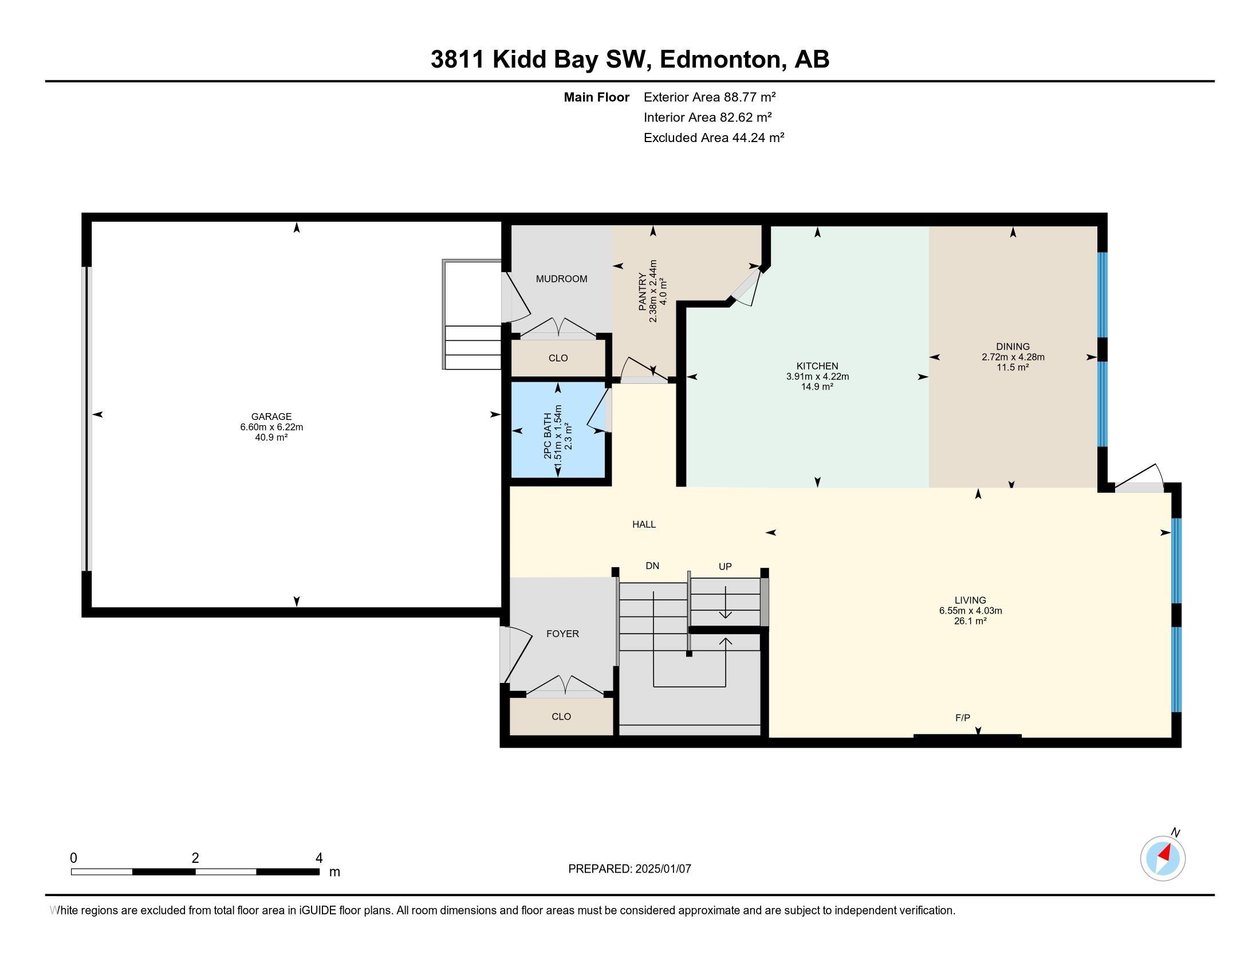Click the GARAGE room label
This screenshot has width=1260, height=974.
(271, 416)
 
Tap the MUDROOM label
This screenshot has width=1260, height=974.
(561, 278)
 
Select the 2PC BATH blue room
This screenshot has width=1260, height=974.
(557, 430)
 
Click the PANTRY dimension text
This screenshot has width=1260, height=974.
(653, 291)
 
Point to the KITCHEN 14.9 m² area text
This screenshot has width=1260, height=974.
(817, 387)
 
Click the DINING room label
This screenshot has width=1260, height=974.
(1013, 347)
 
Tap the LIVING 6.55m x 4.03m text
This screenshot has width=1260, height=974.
(970, 611)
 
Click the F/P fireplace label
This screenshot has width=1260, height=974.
(962, 717)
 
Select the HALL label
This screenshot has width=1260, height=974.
(644, 524)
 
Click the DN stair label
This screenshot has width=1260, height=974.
(652, 566)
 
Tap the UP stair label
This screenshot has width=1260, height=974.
(724, 567)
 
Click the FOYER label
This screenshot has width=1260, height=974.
(562, 634)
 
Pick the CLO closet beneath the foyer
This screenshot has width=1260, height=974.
(561, 716)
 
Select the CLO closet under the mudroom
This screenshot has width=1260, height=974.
(558, 358)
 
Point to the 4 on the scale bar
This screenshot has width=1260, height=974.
(318, 858)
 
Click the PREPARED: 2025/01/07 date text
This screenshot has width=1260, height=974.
(629, 869)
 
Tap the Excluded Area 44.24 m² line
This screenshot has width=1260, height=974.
(714, 138)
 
